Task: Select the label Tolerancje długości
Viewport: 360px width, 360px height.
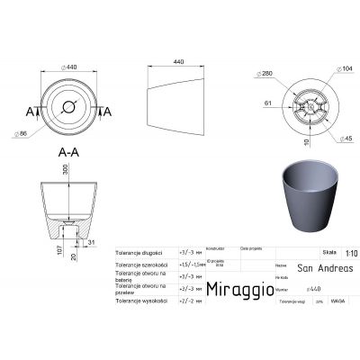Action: point(139,254)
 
